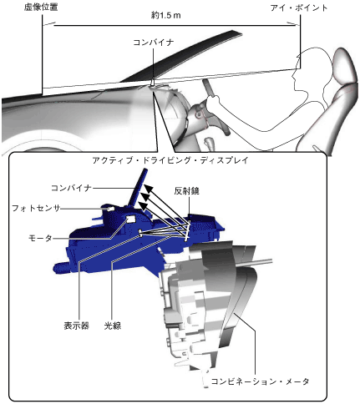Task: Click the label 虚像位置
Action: click(x=41, y=8)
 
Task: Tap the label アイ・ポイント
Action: click(x=299, y=8)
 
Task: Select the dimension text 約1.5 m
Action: click(x=166, y=16)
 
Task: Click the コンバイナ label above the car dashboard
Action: click(x=154, y=43)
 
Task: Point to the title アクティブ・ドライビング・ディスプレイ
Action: click(x=170, y=160)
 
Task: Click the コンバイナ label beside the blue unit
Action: click(x=71, y=188)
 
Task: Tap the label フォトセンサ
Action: click(x=36, y=208)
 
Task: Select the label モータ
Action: click(x=40, y=238)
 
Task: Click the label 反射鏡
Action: click(x=186, y=191)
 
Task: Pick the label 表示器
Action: click(x=76, y=326)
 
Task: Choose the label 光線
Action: click(x=113, y=326)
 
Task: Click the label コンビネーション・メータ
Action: click(x=260, y=381)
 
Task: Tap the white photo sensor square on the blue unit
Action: click(x=111, y=209)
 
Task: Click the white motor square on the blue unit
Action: click(x=130, y=219)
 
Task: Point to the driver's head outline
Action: click(x=312, y=69)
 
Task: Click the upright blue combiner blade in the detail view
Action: click(x=138, y=188)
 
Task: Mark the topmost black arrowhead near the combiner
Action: click(x=148, y=189)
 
